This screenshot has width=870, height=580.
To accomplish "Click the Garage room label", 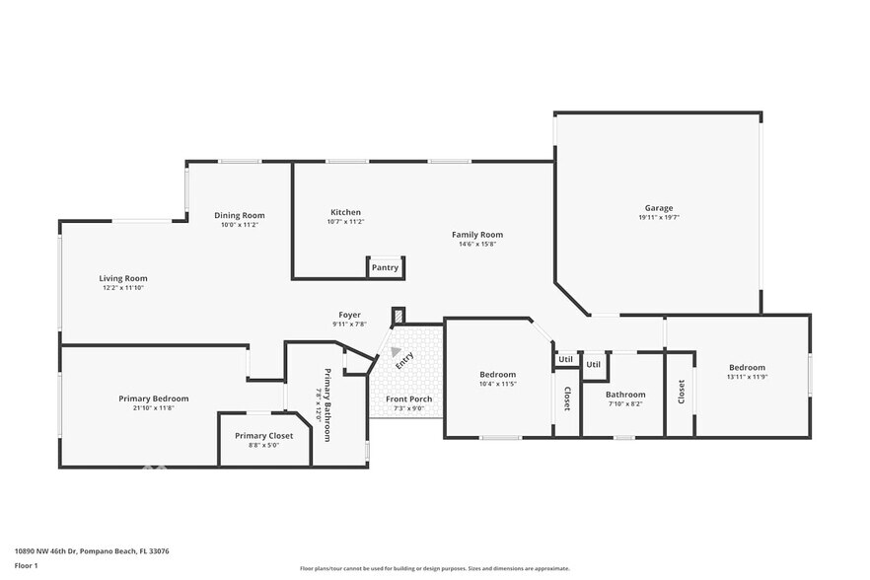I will click(x=659, y=208).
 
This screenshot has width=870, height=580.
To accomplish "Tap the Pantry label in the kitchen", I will click(x=385, y=267).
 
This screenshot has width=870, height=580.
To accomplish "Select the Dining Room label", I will click(x=240, y=215).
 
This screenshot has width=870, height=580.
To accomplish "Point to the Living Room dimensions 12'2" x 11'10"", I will click(x=123, y=288).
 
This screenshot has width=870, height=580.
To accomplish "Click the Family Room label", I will click(x=477, y=235).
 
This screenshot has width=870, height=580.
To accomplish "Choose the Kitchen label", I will click(x=345, y=212).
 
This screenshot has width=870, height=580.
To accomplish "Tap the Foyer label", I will click(x=349, y=315).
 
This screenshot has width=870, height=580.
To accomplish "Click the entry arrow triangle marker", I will click(x=396, y=350).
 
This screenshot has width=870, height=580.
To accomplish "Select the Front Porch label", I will click(x=408, y=399).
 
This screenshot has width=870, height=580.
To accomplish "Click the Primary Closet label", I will click(x=263, y=435).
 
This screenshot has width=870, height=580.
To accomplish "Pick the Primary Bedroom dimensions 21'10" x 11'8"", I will click(x=153, y=407).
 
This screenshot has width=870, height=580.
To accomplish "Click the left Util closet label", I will click(x=565, y=360).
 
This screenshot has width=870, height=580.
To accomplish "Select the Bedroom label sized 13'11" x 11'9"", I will click(x=747, y=366).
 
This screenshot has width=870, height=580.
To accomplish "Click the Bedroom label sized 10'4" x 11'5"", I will click(x=497, y=374).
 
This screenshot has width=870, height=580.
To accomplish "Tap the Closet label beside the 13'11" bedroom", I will click(x=681, y=392).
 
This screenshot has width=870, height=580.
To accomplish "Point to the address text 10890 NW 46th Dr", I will click(x=84, y=551).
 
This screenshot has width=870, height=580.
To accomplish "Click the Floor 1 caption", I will click(x=26, y=566).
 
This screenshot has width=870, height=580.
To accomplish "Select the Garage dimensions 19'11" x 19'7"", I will click(x=659, y=217).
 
